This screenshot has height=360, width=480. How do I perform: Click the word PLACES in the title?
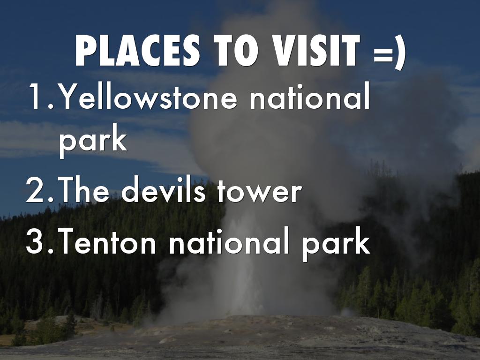coord(137,51)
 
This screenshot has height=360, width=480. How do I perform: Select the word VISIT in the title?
coord(316,51)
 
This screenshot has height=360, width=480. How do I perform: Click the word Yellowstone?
coord(148,96)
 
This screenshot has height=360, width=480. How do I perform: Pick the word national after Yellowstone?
coord(310,96)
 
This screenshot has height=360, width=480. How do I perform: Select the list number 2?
coord(40,190)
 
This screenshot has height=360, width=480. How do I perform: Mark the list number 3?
coord(40,241)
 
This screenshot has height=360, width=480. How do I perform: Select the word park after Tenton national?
coord(337,244)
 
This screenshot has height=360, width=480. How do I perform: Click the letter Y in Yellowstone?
coord(69,96)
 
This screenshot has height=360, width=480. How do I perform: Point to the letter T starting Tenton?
coord(67,241)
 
